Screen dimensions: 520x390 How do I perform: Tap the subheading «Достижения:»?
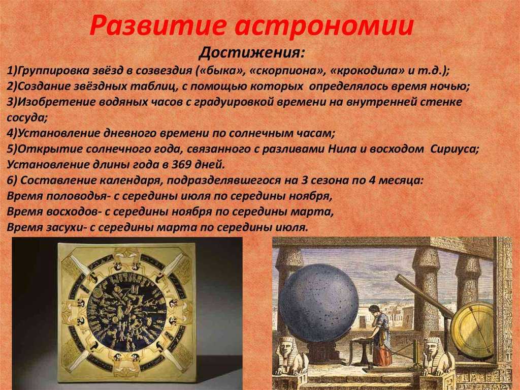[251, 53]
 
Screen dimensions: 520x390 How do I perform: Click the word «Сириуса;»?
[454, 149]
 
